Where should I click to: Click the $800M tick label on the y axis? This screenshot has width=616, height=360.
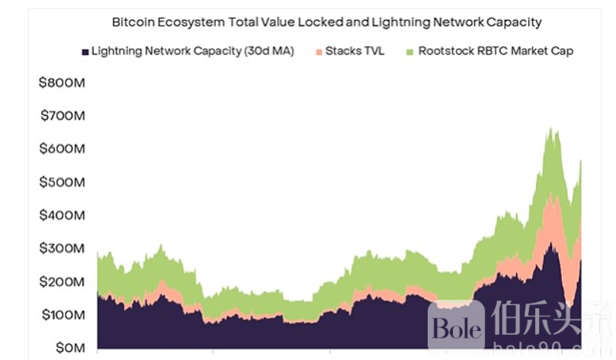(62, 82)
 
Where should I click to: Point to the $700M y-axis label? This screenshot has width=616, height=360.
(62, 116)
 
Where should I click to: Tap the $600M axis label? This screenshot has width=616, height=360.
(62, 149)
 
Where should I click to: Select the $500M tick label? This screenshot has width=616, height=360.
(62, 182)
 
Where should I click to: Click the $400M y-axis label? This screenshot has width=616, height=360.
(62, 215)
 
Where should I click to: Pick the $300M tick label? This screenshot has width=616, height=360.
(62, 249)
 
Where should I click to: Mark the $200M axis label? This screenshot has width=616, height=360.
(62, 281)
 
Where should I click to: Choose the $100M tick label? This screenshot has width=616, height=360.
(62, 315)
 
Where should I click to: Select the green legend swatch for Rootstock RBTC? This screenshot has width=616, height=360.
(410, 52)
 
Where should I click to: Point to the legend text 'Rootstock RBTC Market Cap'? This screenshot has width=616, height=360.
(496, 52)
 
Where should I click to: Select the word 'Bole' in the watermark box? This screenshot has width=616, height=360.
(457, 329)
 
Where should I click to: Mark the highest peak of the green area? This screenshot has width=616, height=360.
(550, 128)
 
